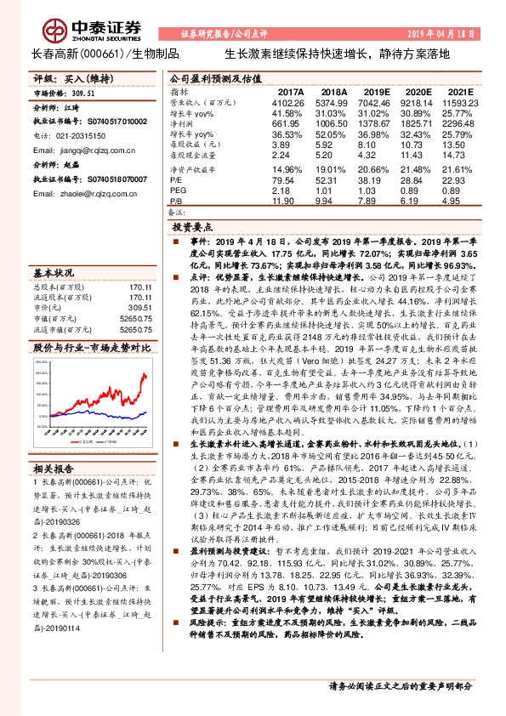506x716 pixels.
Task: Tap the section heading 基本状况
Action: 53,272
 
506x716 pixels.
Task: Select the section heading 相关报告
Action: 53,469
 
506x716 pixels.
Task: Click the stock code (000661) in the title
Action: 103,52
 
